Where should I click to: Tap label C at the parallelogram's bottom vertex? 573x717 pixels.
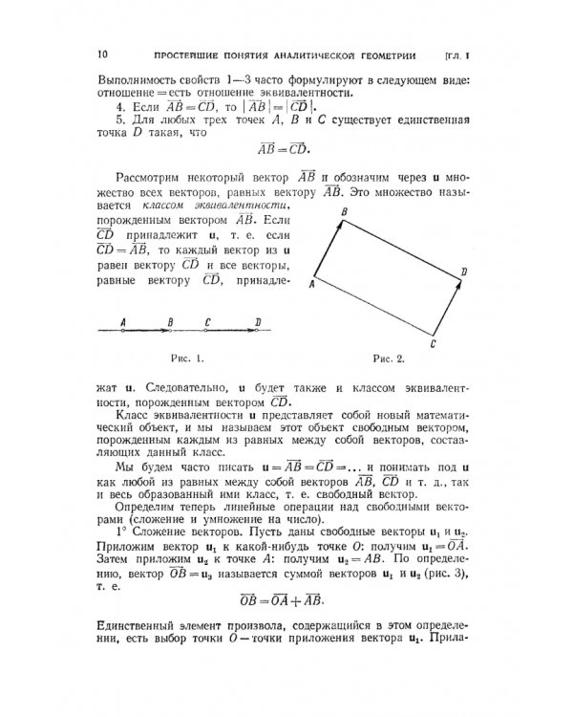click(433, 342)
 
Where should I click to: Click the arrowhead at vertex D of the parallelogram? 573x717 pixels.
click(456, 278)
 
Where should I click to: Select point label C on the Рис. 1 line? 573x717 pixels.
click(207, 321)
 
